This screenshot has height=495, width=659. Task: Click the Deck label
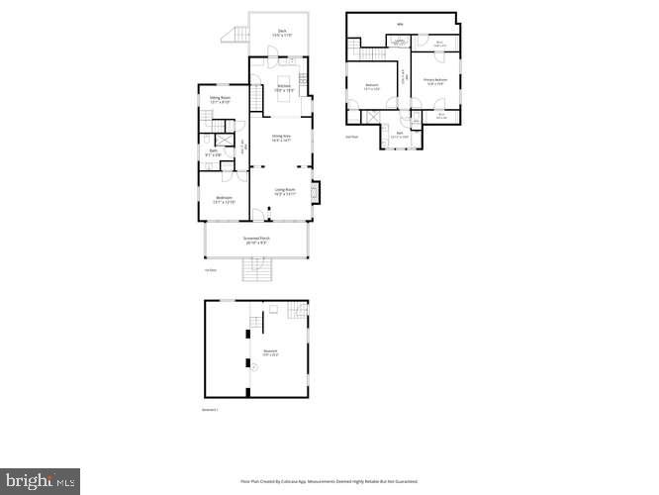[x=282, y=33]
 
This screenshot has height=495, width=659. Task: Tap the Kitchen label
[x=283, y=88]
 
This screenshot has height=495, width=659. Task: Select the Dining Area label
[x=281, y=138]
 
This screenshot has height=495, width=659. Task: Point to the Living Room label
[x=285, y=191]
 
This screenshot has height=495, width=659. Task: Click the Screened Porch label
[x=257, y=241]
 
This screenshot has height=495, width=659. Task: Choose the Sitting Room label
[x=219, y=99]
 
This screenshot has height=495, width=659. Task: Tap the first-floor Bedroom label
[x=224, y=199]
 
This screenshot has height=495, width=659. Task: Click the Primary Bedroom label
[x=435, y=80]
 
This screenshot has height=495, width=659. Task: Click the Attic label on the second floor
[x=401, y=24]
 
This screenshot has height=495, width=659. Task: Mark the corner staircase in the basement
[x=296, y=312]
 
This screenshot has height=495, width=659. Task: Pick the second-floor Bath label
[x=401, y=134]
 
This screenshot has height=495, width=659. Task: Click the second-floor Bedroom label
[x=372, y=86]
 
